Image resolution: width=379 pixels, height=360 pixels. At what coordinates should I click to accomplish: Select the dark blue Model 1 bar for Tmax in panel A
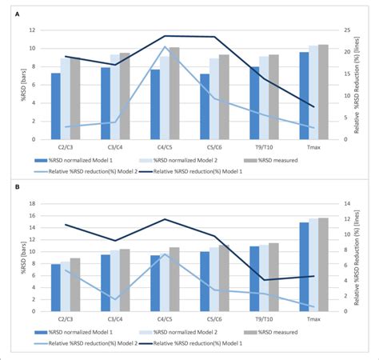pyautogui.click(x=303, y=94)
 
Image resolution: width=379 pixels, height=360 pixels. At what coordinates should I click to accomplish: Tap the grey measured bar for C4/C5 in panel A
pyautogui.click(x=174, y=92)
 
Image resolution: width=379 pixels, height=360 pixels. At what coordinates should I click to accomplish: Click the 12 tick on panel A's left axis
pyautogui.click(x=32, y=30)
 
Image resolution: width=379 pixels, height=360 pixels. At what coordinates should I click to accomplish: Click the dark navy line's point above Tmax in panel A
pyautogui.click(x=313, y=106)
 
